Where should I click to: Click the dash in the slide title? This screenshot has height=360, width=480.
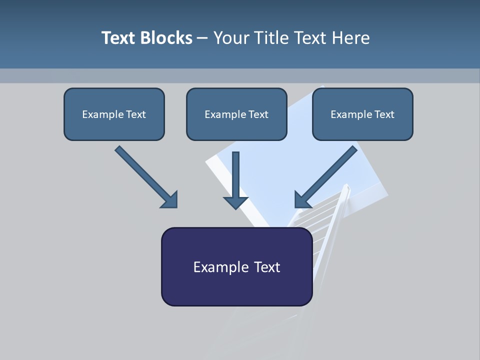click(x=202, y=38)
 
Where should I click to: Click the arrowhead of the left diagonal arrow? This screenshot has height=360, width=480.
click(x=170, y=200)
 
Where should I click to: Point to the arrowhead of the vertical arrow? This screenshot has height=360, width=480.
click(x=236, y=202)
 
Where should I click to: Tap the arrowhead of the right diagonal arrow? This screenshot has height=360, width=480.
click(x=302, y=200)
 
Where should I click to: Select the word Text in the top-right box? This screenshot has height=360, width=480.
click(x=384, y=114)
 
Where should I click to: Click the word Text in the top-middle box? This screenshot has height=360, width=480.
click(x=258, y=114)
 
